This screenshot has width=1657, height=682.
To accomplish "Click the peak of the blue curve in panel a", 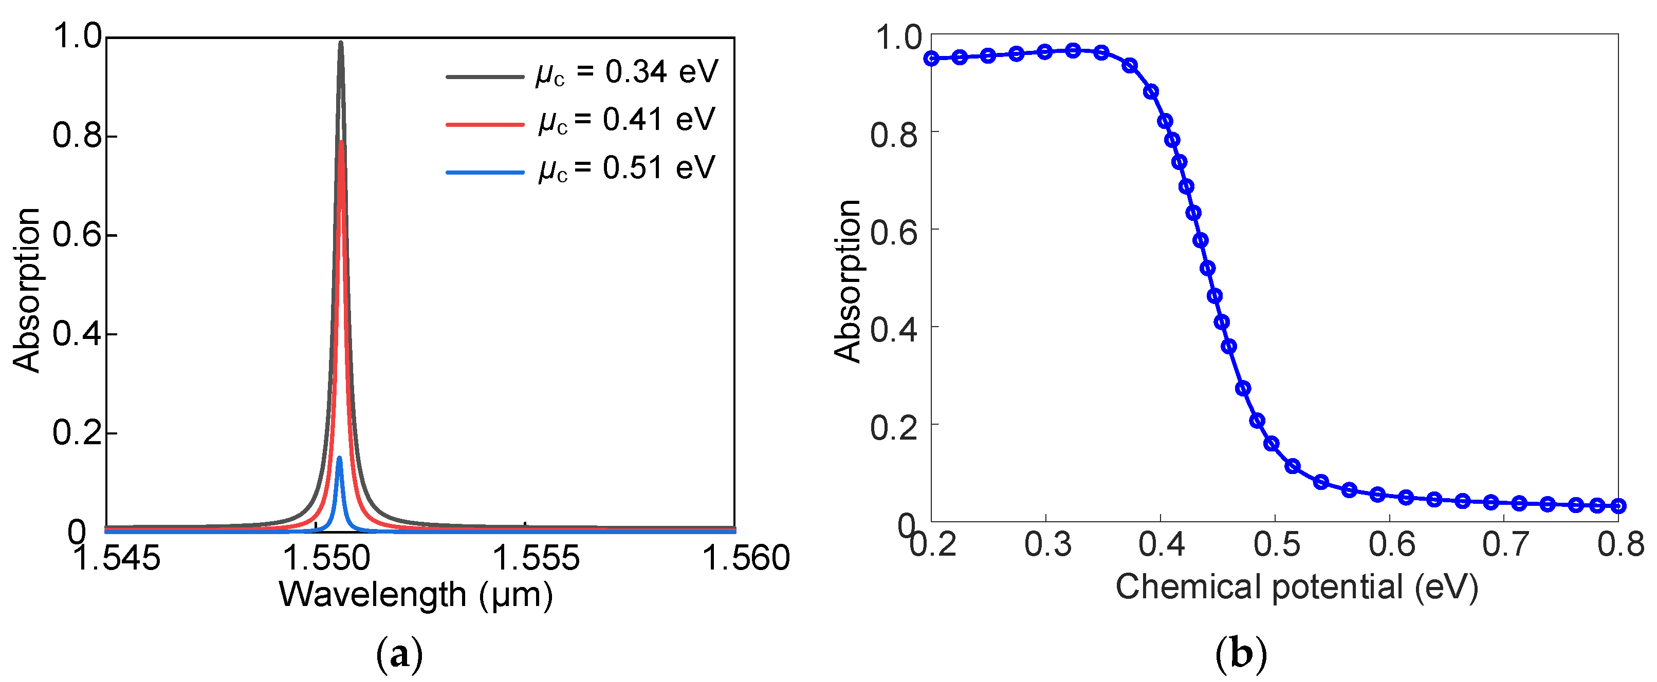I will click(x=339, y=458).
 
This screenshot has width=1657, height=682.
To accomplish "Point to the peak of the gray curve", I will click(x=340, y=43).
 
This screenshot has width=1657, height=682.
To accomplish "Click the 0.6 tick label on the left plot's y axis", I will click(x=77, y=235).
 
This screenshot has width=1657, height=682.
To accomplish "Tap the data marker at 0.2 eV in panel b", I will click(x=931, y=59).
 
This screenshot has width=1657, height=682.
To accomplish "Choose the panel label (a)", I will click(x=399, y=655).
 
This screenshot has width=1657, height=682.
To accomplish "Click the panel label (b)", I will click(x=1241, y=655).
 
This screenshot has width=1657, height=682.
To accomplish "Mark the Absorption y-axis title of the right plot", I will click(x=847, y=281).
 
